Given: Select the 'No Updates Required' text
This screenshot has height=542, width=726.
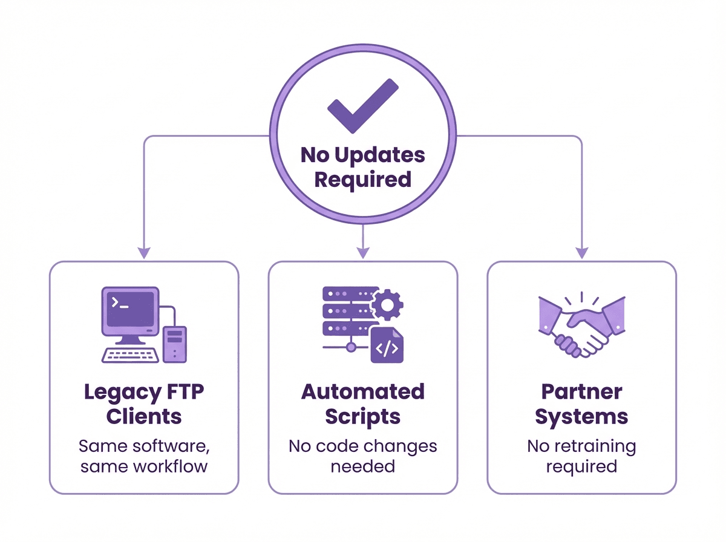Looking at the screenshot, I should pyautogui.click(x=362, y=167).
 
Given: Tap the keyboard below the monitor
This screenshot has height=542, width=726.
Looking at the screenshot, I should pyautogui.click(x=130, y=354).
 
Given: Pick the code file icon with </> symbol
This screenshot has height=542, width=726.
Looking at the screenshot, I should pyautogui.click(x=387, y=346).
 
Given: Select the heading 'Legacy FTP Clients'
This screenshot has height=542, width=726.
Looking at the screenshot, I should pyautogui.click(x=144, y=403).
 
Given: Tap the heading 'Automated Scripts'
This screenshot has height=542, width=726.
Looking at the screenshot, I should pyautogui.click(x=362, y=403).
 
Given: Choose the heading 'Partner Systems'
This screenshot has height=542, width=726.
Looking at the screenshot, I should pyautogui.click(x=581, y=403).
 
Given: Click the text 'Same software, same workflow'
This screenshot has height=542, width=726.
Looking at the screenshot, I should pyautogui.click(x=144, y=457).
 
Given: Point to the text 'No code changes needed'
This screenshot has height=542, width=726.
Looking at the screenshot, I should pyautogui.click(x=362, y=457).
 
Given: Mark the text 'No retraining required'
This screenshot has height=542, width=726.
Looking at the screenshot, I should pyautogui.click(x=581, y=457).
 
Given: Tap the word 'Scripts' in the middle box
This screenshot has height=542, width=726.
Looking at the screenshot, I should pyautogui.click(x=362, y=417).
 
